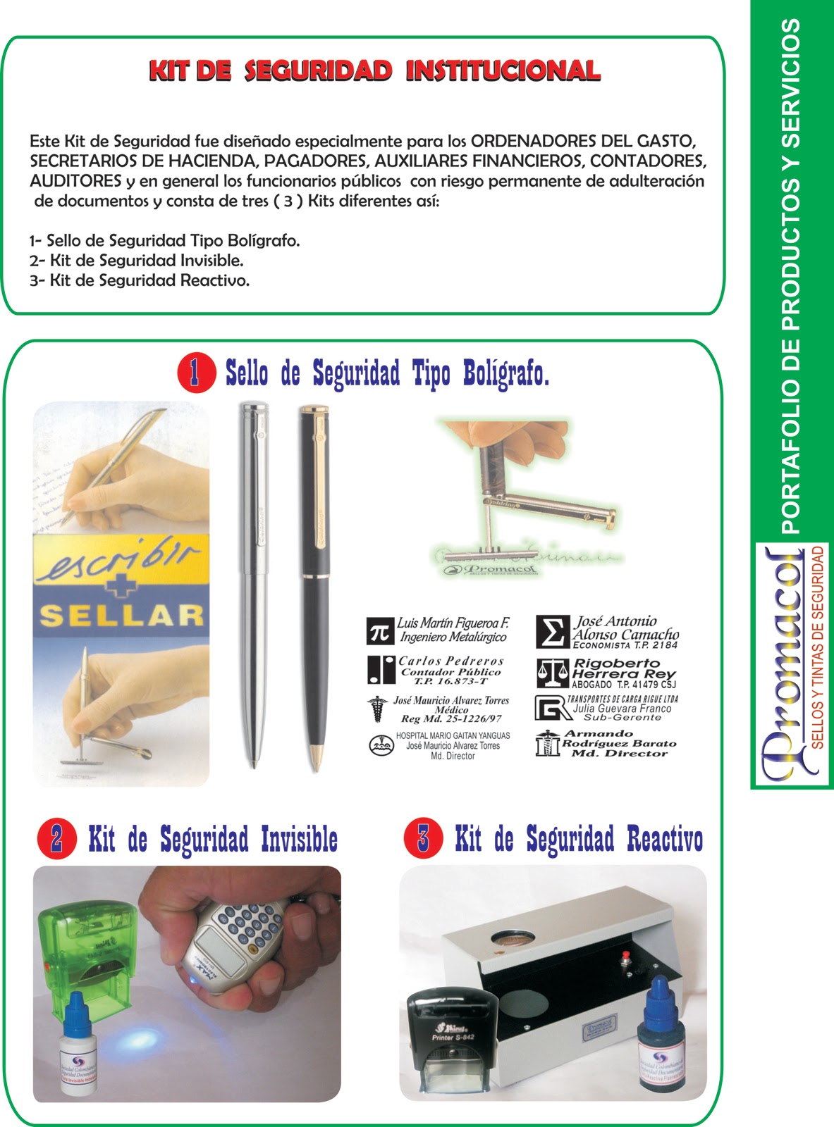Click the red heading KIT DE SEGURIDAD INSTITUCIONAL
tap(374, 71)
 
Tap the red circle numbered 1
tap(196, 373)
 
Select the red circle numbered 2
tap(56, 838)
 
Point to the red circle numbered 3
tap(423, 838)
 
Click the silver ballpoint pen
tap(252, 585)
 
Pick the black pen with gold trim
tap(315, 585)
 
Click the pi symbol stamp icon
tap(379, 631)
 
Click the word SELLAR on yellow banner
tap(121, 616)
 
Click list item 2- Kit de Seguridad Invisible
tap(137, 261)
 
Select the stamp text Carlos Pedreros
tap(451, 661)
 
